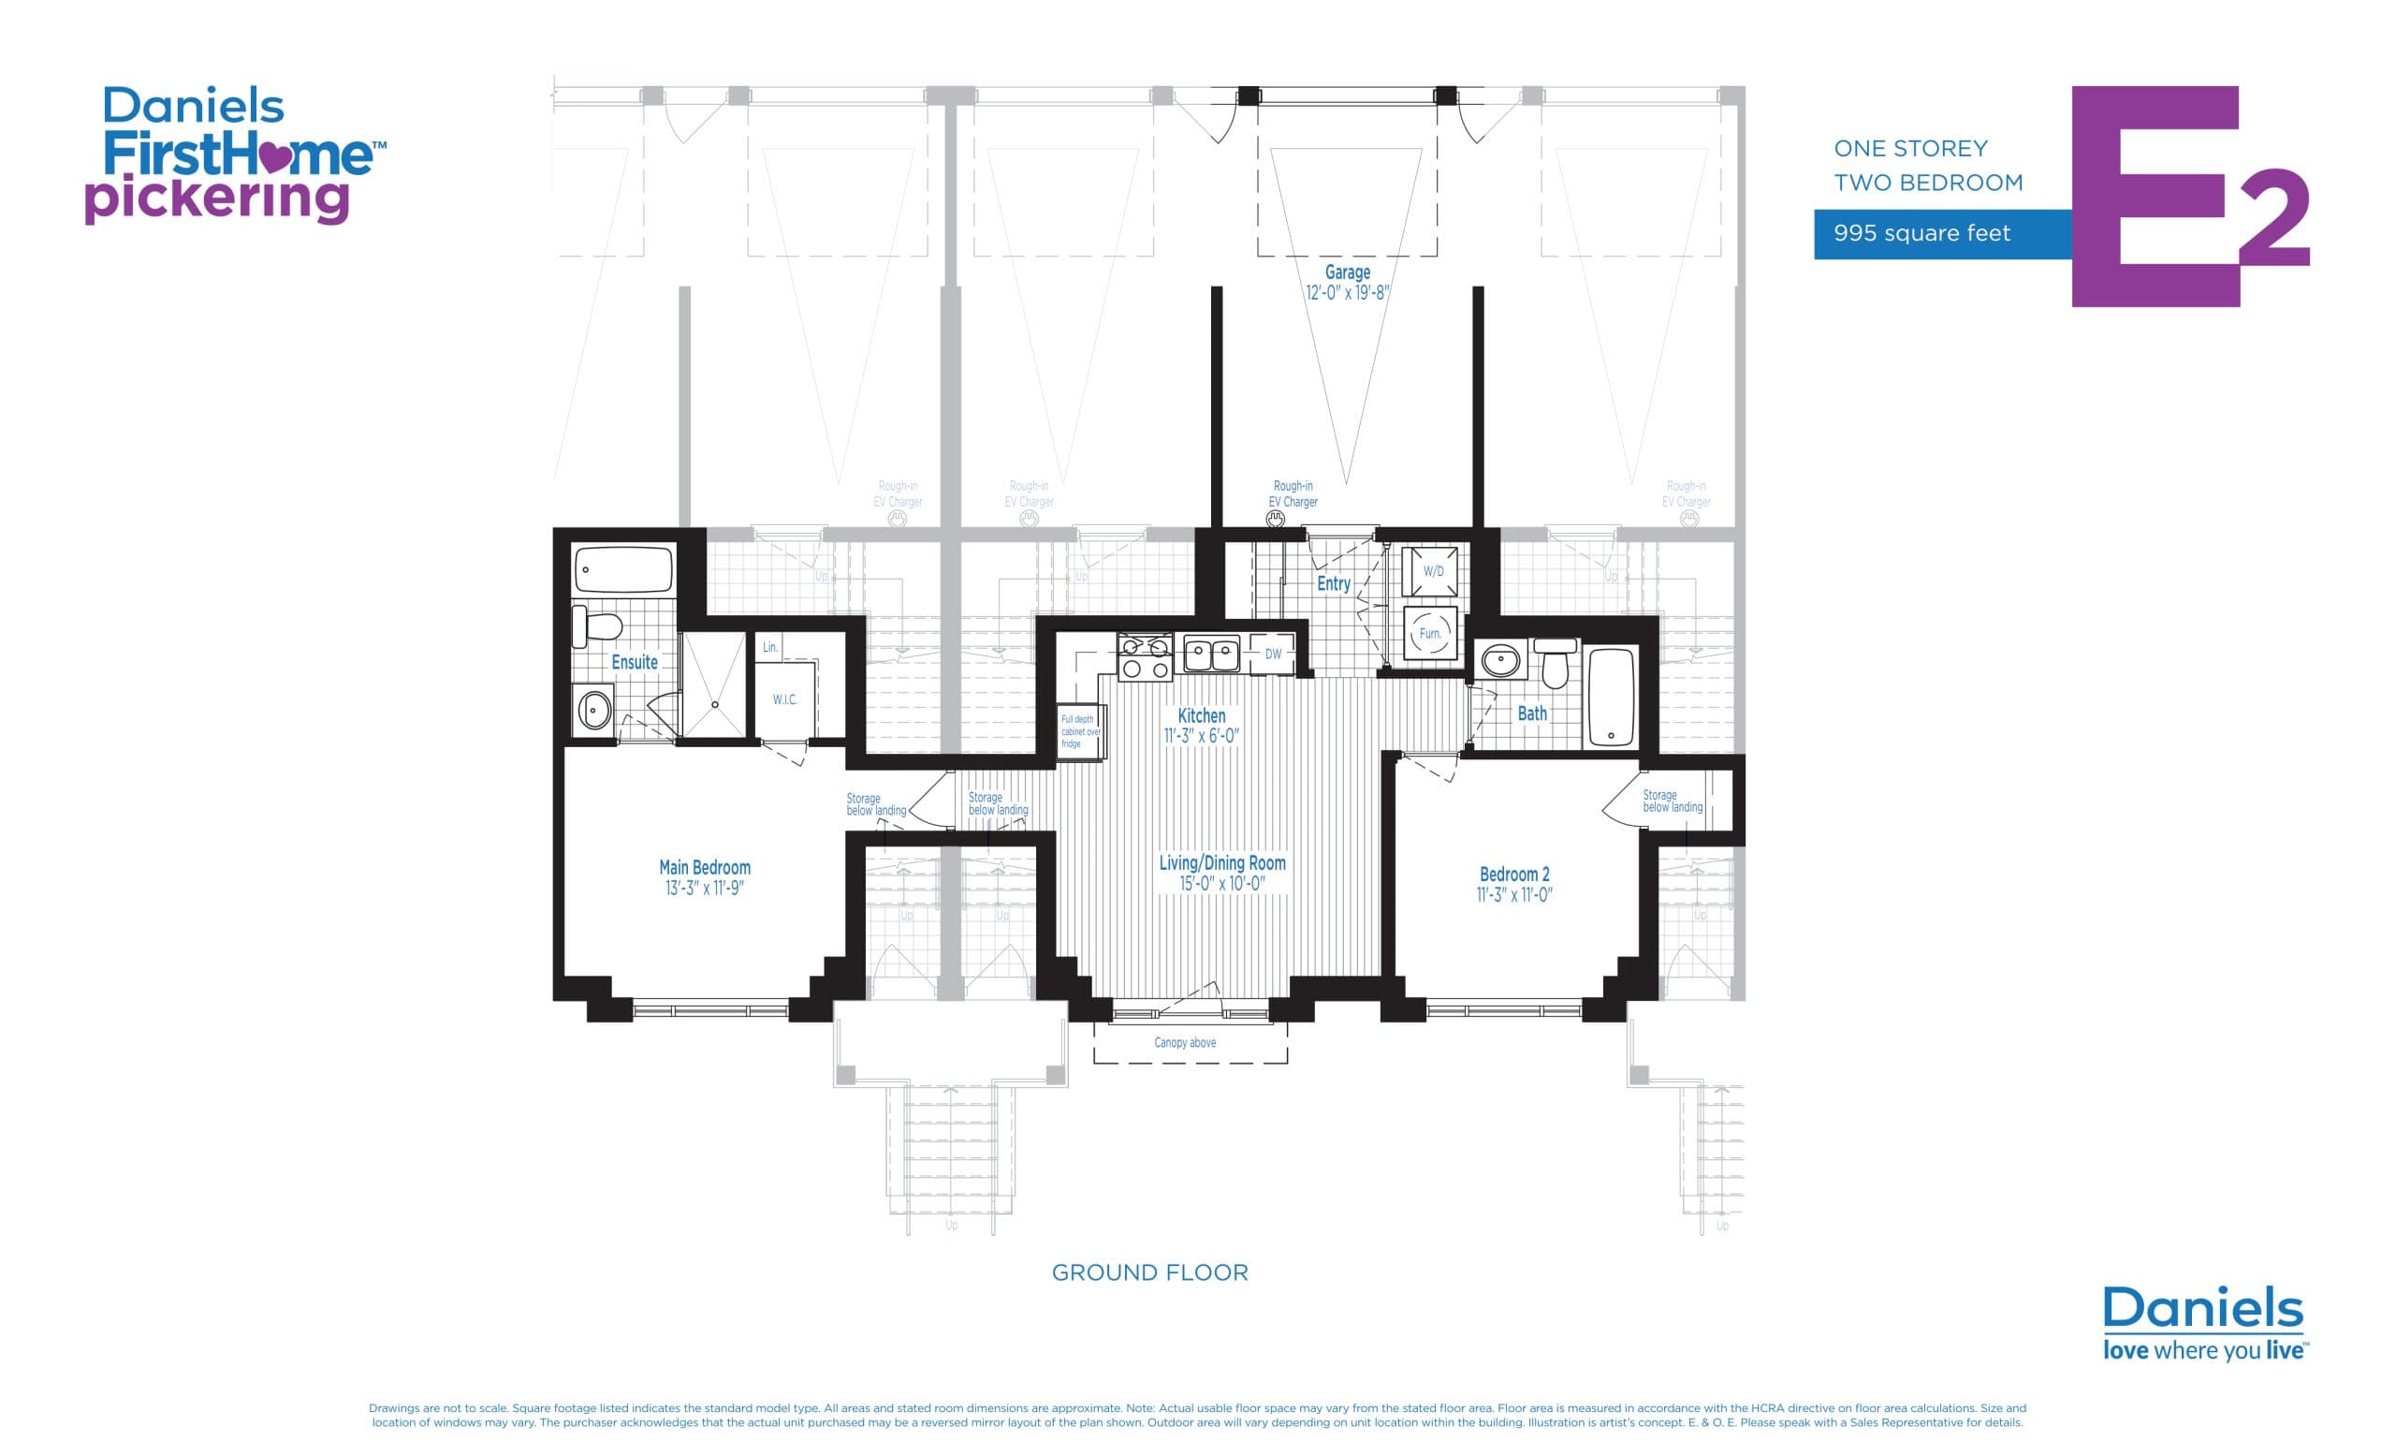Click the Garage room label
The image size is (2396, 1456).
pos(1347,272)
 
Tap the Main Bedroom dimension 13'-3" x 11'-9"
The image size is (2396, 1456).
pos(704,888)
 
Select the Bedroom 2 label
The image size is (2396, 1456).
pos(1514,874)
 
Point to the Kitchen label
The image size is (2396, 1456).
pos(1201,716)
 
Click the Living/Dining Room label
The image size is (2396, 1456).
pos(1221,862)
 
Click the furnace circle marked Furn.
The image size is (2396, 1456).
pos(1429,633)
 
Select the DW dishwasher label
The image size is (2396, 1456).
pos(1273,654)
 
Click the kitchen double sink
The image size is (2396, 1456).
pos(1211,654)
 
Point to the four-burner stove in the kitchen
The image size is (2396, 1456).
pos(1146,657)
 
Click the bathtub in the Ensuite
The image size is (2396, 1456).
pos(623,570)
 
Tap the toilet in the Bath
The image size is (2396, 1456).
pos(1555,663)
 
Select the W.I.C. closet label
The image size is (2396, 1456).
pos(784,699)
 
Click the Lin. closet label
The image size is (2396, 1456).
pos(769,647)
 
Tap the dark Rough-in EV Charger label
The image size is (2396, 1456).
pos(1293,494)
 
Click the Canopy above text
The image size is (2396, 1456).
pos(1184,1043)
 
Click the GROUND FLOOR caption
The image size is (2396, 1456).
pos(1149,1272)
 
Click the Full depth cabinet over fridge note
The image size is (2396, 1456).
pos(1078,731)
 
